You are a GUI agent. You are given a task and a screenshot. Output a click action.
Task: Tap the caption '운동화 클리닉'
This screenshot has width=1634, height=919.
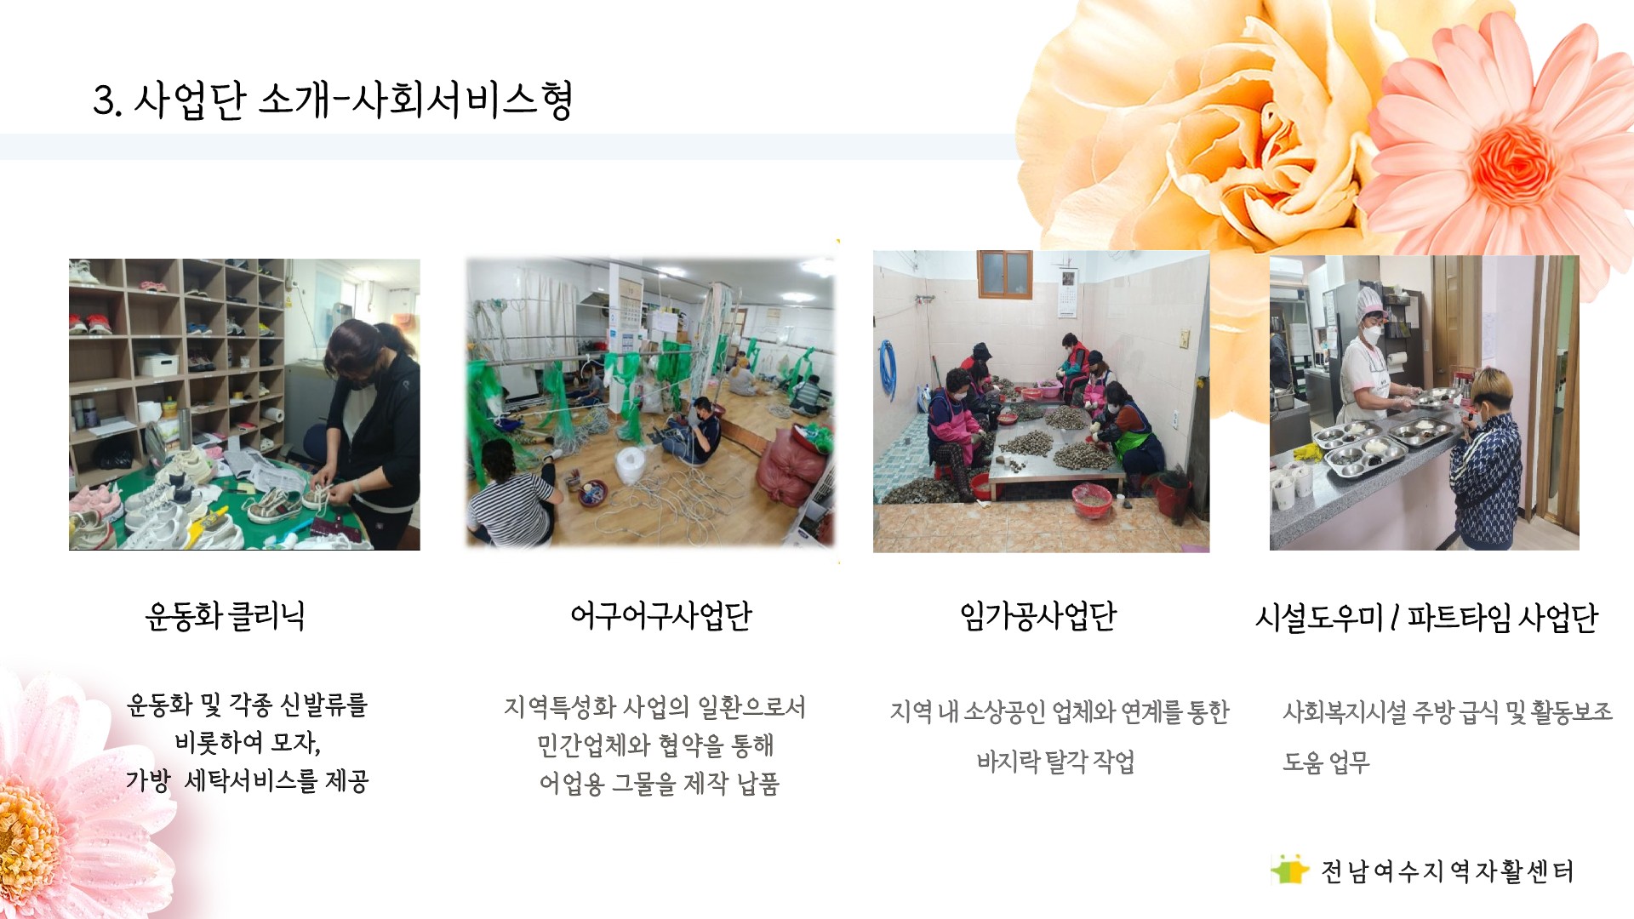click(225, 616)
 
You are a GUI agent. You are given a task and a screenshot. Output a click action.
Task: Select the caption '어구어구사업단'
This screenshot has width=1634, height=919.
click(661, 616)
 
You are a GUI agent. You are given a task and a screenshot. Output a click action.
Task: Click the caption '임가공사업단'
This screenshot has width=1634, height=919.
click(1038, 616)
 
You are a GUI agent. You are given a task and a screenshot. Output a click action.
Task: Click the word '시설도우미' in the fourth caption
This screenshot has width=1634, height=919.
click(1319, 618)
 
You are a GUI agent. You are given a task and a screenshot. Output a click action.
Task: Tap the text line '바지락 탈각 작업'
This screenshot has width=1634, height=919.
click(1055, 761)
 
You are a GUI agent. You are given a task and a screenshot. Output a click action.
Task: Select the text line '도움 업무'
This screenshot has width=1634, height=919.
click(1326, 761)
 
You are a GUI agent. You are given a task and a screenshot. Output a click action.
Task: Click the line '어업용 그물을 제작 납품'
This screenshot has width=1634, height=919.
click(660, 783)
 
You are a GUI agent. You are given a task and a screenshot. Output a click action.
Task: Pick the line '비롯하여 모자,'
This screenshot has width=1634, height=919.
click(248, 743)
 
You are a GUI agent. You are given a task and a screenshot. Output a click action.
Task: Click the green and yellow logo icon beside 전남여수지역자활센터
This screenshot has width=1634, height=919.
click(1290, 870)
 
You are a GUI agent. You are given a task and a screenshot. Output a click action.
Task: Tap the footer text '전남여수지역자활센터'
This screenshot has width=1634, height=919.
click(1447, 871)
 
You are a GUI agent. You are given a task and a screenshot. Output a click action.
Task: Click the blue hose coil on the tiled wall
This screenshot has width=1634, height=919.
click(888, 370)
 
